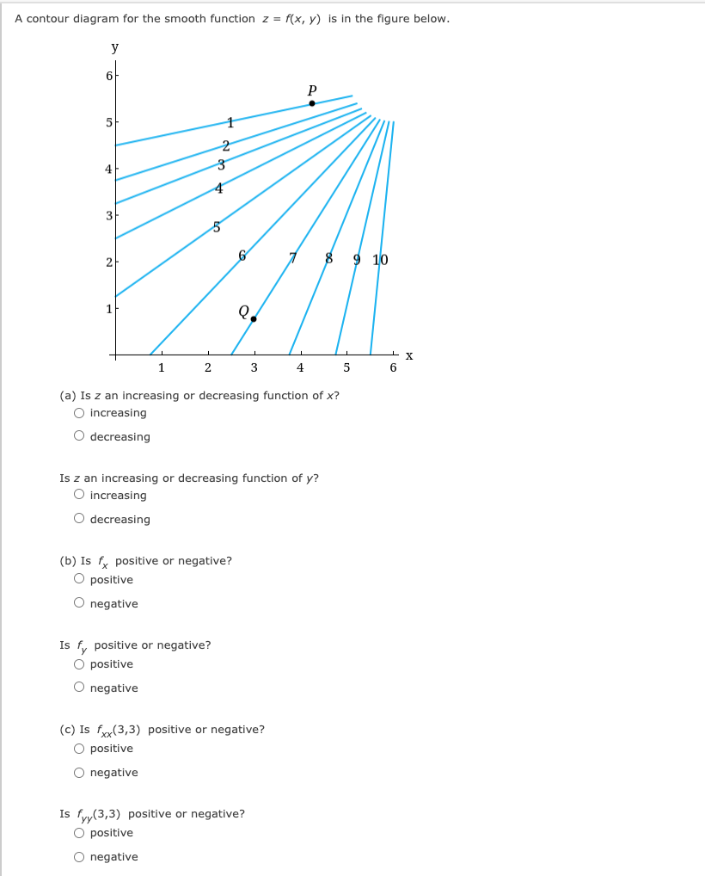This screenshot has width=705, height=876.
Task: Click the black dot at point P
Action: tap(312, 103)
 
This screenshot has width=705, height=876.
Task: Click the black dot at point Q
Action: tap(253, 319)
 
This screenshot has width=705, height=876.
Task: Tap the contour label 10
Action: tap(381, 259)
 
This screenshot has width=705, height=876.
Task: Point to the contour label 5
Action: tap(217, 227)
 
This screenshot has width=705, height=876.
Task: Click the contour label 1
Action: tap(230, 123)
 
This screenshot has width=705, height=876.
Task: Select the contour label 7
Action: tap(292, 257)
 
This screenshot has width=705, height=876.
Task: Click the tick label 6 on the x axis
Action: tap(393, 368)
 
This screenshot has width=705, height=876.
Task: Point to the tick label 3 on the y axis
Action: tap(107, 214)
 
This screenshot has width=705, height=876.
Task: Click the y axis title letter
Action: tap(114, 47)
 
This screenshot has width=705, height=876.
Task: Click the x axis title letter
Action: tap(409, 355)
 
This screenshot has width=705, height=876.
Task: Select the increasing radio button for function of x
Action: tap(79, 413)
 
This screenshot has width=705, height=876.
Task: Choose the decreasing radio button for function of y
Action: tap(79, 519)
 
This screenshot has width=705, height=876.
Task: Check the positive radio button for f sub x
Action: tap(79, 579)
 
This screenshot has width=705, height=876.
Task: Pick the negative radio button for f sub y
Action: tap(79, 688)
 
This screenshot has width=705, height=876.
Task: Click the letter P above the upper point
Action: tap(312, 89)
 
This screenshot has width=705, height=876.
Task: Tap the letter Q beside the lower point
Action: tap(244, 311)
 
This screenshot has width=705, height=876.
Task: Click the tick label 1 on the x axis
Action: tap(161, 368)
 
